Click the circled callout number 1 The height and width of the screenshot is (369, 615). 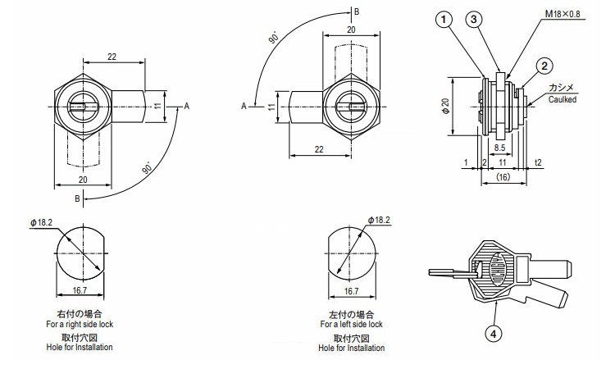(x=444, y=20)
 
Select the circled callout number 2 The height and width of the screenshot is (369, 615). (x=544, y=66)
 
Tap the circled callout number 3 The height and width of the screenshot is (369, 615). (x=474, y=19)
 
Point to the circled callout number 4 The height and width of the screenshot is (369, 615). (x=494, y=334)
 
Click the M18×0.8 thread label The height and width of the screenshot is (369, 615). (x=563, y=14)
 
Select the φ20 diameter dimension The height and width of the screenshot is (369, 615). (x=445, y=106)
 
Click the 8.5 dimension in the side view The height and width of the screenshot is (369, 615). (x=499, y=148)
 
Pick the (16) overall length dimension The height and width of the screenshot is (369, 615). (x=503, y=177)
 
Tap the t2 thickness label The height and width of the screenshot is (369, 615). (x=538, y=162)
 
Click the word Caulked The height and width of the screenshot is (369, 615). (x=563, y=99)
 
